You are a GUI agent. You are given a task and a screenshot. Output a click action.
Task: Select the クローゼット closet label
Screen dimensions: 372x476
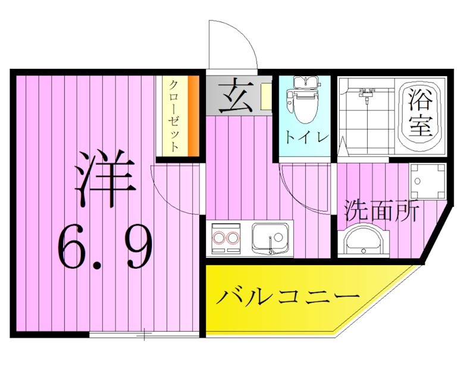(173, 116)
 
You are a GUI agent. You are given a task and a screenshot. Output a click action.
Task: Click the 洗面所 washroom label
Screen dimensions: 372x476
(381, 210)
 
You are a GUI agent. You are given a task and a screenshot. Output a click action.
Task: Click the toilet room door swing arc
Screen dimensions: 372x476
(303, 187)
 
